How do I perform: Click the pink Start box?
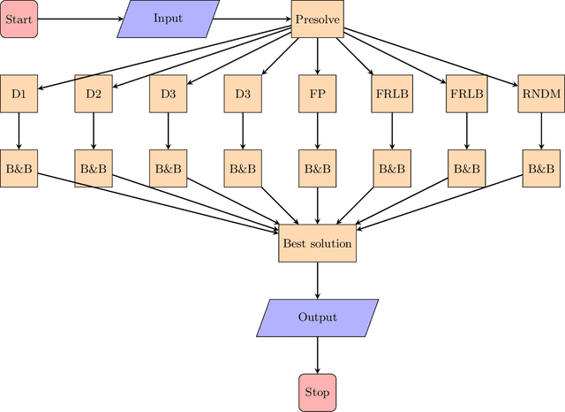point(19,19)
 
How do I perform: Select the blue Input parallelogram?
point(168,19)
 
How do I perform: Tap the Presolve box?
point(317,19)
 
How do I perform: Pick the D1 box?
point(19,93)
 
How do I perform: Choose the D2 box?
point(94,93)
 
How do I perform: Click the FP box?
point(317,93)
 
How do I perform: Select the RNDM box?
point(540,93)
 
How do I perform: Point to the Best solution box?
point(317,243)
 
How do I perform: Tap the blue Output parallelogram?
point(317,317)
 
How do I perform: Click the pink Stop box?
point(317,392)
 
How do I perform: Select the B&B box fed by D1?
point(19,168)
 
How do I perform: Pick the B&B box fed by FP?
point(317,168)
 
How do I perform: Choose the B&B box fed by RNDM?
point(540,168)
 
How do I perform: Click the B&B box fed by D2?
point(94,168)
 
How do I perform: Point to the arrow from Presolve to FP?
point(317,56)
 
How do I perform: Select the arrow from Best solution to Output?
point(317,280)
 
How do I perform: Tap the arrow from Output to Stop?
point(317,355)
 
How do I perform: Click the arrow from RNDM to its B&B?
point(540,131)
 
